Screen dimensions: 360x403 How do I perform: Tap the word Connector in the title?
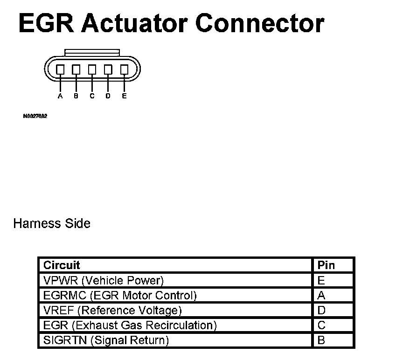tap(259, 23)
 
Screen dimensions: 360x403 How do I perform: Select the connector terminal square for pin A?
tap(60, 69)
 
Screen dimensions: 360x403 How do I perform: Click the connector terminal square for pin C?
tap(92, 69)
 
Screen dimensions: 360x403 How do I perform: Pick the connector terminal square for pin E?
tap(124, 69)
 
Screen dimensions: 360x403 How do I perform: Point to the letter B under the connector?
tap(76, 96)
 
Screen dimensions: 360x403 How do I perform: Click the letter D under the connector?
tap(108, 96)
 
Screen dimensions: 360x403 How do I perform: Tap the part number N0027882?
tap(35, 116)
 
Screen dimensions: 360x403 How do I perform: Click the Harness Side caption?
tap(52, 223)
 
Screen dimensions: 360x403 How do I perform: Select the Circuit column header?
tap(62, 265)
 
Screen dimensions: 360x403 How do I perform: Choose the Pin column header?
tap(326, 265)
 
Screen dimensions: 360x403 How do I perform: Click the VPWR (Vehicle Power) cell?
tap(104, 281)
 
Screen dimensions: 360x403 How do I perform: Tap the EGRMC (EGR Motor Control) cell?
tap(120, 296)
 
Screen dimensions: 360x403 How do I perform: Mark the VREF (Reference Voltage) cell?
tap(112, 311)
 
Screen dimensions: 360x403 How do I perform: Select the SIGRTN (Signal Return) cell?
tap(106, 340)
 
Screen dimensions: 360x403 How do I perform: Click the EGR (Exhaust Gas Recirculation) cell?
tap(130, 325)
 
